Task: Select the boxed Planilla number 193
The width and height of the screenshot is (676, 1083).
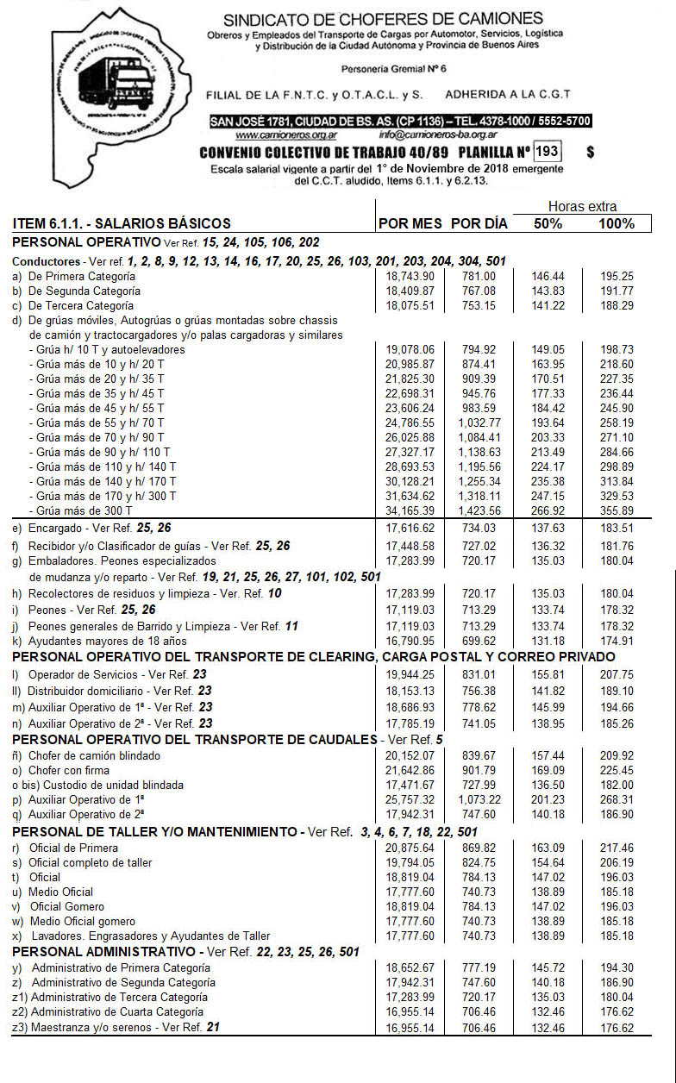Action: [547, 152]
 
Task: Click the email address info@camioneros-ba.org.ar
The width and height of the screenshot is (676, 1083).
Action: [437, 135]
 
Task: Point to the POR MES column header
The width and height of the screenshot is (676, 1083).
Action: [410, 223]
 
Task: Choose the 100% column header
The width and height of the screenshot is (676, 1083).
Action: [617, 223]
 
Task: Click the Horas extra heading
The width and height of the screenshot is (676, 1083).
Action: [583, 207]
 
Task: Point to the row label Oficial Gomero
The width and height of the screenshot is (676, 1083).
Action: [66, 906]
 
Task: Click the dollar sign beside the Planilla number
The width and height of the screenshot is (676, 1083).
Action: [590, 153]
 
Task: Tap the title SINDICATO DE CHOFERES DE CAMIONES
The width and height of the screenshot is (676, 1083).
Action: [383, 19]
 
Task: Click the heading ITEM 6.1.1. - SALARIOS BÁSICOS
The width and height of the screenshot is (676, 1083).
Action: [122, 223]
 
